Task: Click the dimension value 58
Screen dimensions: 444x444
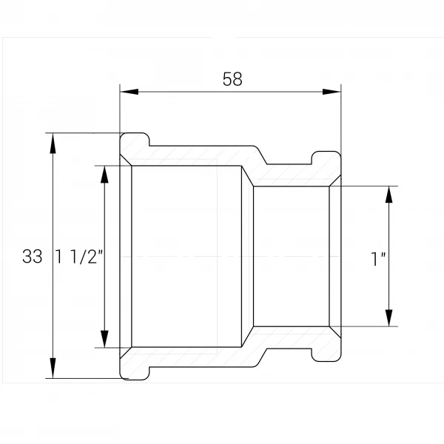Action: click(232, 79)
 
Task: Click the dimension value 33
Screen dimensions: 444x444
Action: click(33, 257)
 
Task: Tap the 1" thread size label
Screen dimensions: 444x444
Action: click(378, 258)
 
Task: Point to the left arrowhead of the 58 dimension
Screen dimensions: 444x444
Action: click(129, 92)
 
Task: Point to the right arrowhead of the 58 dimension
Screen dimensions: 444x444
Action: click(332, 92)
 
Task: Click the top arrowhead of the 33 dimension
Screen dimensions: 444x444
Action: click(53, 144)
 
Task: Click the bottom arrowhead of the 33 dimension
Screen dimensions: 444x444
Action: click(53, 368)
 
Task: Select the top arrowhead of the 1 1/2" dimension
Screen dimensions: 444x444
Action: click(105, 175)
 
